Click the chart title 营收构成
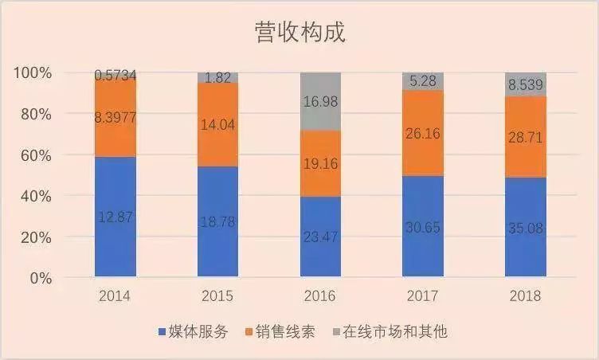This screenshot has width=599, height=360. (x=299, y=33)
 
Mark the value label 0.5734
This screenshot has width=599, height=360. (x=115, y=76)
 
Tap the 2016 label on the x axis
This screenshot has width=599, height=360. (x=320, y=296)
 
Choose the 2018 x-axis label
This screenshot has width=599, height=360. (x=525, y=296)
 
